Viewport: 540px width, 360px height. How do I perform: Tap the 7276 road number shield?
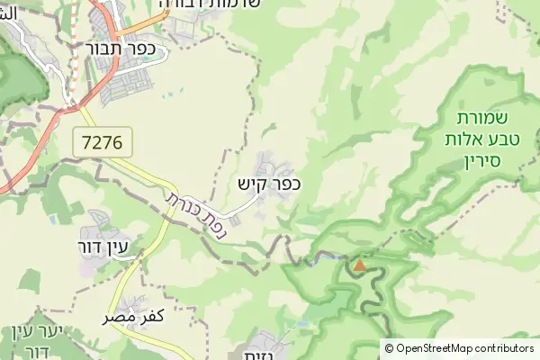click(103, 141)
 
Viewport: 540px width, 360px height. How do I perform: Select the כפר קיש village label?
click(268, 184)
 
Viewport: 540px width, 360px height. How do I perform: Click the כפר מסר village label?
click(131, 317)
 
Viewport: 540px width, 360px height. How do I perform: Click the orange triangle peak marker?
click(360, 265)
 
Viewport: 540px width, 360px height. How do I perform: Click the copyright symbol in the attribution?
click(389, 348)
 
